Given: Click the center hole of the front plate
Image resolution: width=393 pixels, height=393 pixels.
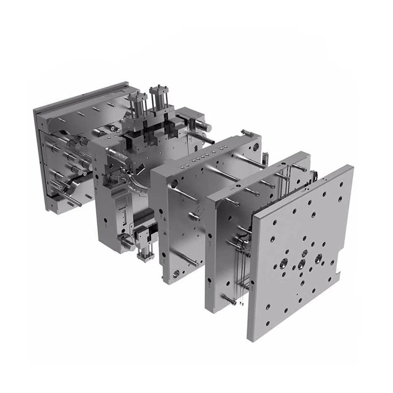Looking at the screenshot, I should click(301, 265).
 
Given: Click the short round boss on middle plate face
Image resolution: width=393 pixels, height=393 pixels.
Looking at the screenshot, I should click(196, 215).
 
